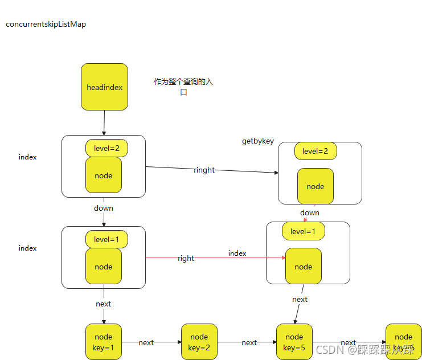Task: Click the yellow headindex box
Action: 104,87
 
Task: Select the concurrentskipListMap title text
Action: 46,24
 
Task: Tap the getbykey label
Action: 258,141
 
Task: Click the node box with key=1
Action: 104,342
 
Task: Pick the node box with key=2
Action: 199,342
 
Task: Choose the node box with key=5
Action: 294,342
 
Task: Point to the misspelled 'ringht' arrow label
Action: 204,170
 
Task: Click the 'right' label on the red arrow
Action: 186,258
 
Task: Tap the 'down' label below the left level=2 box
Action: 104,208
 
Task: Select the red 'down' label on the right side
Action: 310,212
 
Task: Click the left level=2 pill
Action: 106,148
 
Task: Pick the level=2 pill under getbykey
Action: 316,151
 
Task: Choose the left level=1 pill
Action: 106,239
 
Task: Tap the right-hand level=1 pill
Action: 303,231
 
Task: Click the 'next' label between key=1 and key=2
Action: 146,342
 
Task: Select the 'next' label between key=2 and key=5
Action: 249,342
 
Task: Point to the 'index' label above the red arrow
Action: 237,253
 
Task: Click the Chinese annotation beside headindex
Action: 183,87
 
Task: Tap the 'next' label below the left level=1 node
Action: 104,304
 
